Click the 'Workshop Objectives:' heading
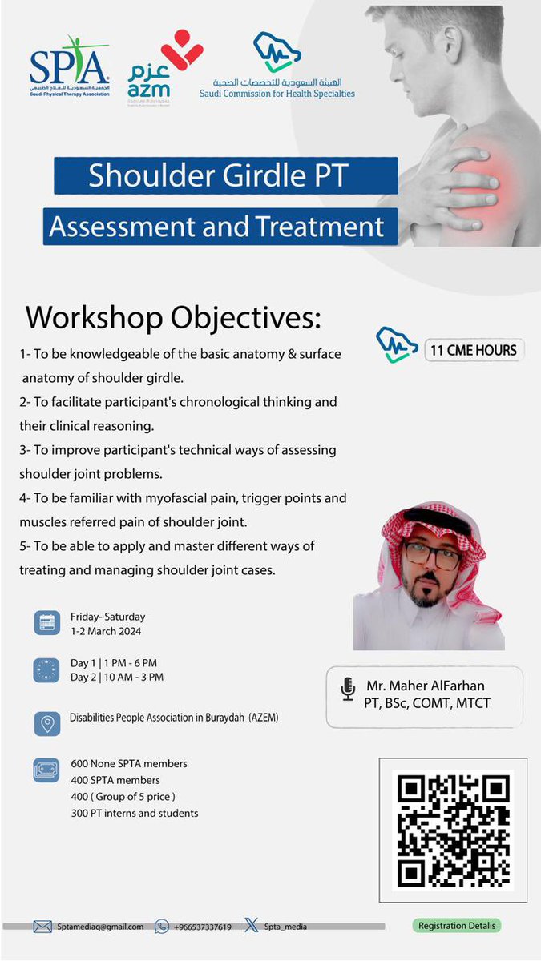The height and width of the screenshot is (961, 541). (173, 317)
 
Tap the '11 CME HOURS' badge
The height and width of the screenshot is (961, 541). (473, 349)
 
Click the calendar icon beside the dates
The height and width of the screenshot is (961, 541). (46, 623)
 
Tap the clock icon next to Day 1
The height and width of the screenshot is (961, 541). (46, 670)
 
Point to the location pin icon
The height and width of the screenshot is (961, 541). (46, 723)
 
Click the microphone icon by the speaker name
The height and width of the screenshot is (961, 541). (348, 690)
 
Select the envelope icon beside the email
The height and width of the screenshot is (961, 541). (42, 927)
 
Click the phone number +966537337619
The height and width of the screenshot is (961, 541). (203, 927)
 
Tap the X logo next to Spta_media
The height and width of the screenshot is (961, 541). (252, 926)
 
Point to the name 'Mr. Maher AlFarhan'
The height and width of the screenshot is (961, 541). (425, 686)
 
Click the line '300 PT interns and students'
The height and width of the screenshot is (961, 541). (134, 813)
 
